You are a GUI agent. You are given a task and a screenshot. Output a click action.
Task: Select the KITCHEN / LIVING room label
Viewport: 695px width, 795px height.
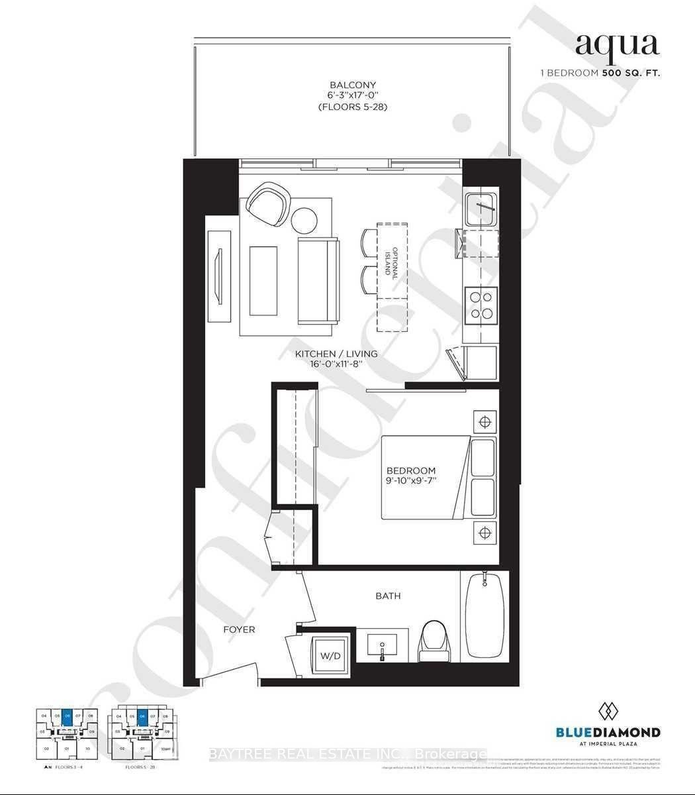pyautogui.click(x=336, y=354)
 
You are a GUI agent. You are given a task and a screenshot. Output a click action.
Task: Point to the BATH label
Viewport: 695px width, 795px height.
pyautogui.click(x=388, y=596)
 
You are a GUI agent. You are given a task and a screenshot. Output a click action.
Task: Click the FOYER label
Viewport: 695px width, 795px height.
pyautogui.click(x=239, y=629)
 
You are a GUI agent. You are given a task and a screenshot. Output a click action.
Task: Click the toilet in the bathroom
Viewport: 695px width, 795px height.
pyautogui.click(x=435, y=641)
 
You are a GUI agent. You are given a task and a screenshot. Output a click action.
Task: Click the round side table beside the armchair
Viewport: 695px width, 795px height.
pyautogui.click(x=305, y=220)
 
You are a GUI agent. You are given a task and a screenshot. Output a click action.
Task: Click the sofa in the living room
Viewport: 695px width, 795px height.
pyautogui.click(x=318, y=281)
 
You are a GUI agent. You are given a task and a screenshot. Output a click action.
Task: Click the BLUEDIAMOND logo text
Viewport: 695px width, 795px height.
pyautogui.click(x=607, y=732)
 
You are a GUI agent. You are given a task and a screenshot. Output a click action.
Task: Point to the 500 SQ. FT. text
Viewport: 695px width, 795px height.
pyautogui.click(x=631, y=74)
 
